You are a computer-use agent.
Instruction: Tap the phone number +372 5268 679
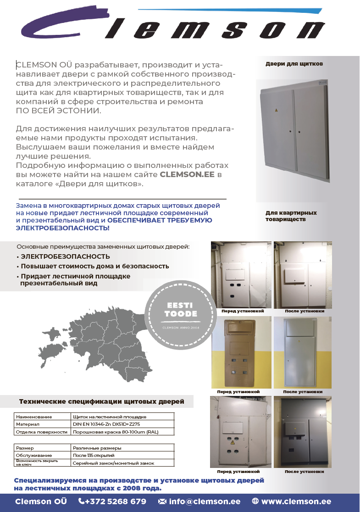[112, 501]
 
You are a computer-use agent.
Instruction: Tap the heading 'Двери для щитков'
[294, 64]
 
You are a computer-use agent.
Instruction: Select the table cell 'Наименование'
[34, 417]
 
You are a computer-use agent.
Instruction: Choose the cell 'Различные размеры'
[97, 448]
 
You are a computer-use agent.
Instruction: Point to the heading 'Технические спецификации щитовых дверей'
[101, 402]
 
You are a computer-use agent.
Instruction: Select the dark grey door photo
[302, 431]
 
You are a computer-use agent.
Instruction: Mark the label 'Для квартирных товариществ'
[291, 216]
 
